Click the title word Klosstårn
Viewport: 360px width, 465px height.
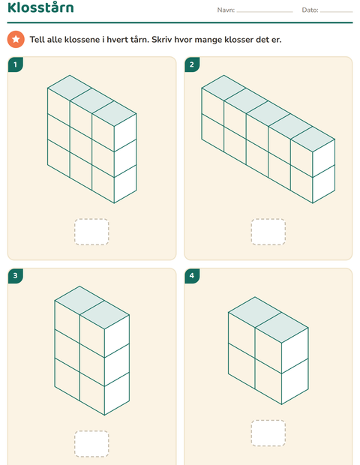pyautogui.click(x=40, y=7)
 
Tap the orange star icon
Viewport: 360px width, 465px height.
pyautogui.click(x=16, y=39)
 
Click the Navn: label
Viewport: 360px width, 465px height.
pyautogui.click(x=226, y=10)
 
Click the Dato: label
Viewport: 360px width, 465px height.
pyautogui.click(x=310, y=10)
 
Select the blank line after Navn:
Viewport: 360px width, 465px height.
pyautogui.click(x=265, y=12)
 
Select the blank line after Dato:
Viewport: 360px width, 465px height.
pyautogui.click(x=336, y=12)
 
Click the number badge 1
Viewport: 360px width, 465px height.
pyautogui.click(x=16, y=64)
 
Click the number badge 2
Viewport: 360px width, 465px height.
pyautogui.click(x=192, y=64)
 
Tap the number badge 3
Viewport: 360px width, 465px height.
pyautogui.click(x=16, y=276)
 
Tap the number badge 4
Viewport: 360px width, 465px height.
pyautogui.click(x=192, y=276)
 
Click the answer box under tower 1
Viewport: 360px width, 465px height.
pyautogui.click(x=91, y=232)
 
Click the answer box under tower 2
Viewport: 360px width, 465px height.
pyautogui.click(x=268, y=232)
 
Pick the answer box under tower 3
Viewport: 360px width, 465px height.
pyautogui.click(x=91, y=444)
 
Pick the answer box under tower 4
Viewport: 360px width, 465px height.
pyautogui.click(x=268, y=433)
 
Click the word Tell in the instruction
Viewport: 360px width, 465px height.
pyautogui.click(x=37, y=40)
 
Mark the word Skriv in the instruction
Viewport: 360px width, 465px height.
pyautogui.click(x=161, y=40)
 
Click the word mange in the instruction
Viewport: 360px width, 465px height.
pyautogui.click(x=208, y=40)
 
